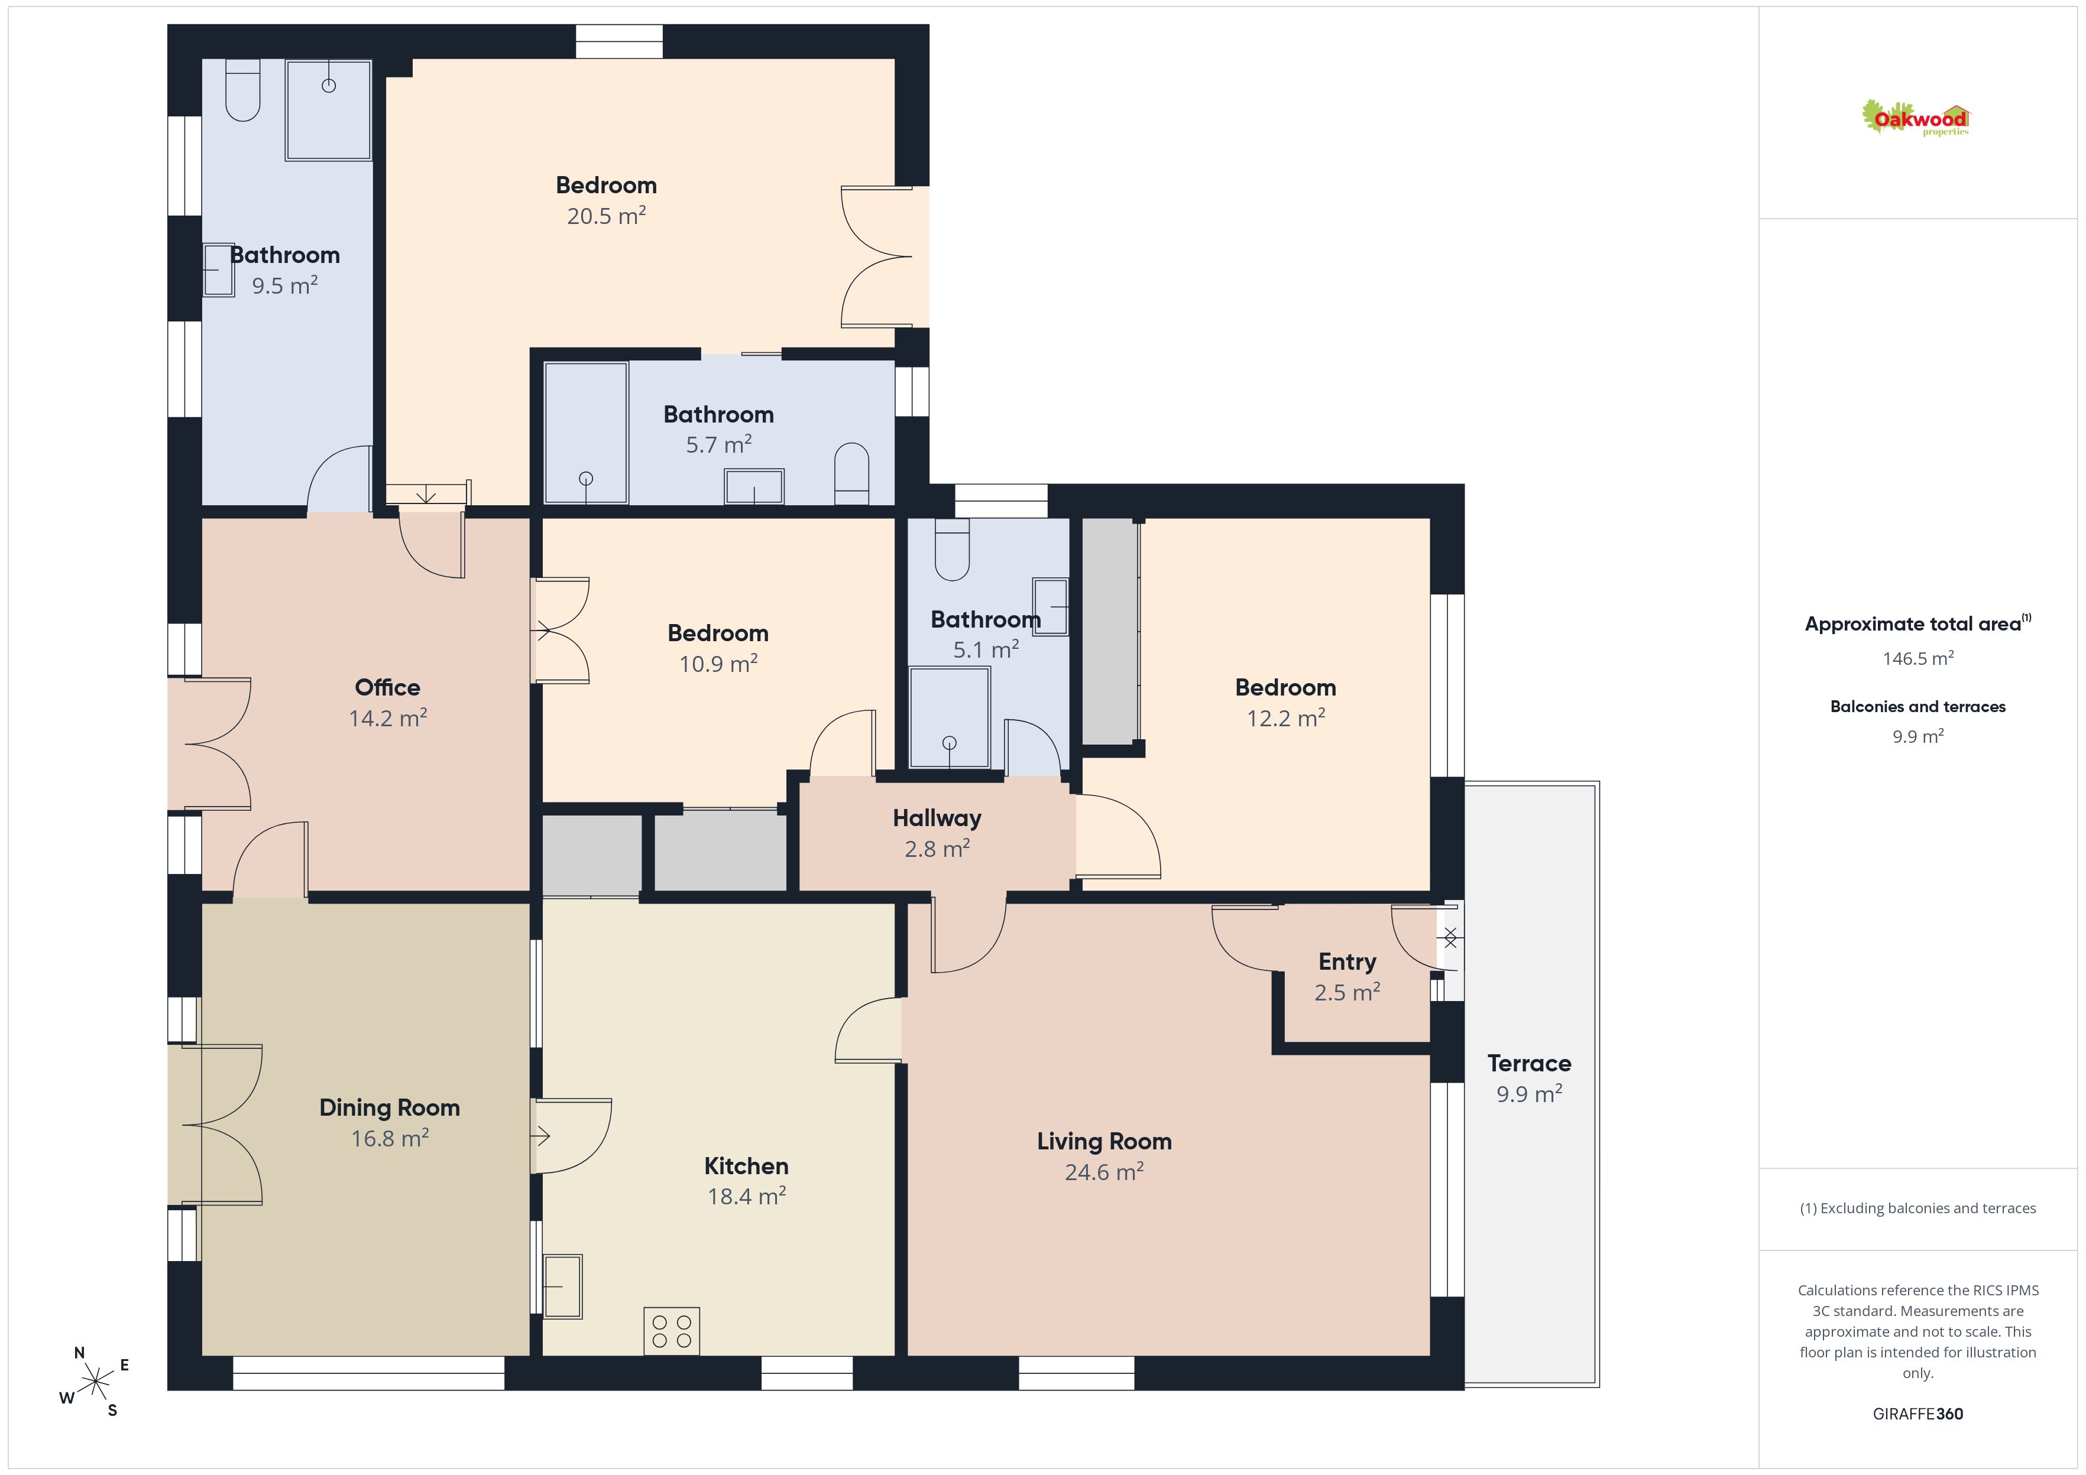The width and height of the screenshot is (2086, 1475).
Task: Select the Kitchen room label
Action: click(x=746, y=1165)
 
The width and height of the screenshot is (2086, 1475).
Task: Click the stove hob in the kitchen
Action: click(x=672, y=1331)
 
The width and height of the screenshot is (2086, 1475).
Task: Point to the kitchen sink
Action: click(x=562, y=1286)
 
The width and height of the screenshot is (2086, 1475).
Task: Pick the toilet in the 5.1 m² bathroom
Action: click(x=952, y=550)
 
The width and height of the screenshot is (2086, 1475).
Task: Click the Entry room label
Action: click(x=1348, y=962)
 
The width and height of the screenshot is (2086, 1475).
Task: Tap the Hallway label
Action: click(x=937, y=818)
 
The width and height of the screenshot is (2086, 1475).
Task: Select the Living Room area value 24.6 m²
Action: click(x=1104, y=1172)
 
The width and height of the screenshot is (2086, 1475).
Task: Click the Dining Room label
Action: click(x=389, y=1108)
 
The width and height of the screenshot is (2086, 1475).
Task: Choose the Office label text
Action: click(x=387, y=687)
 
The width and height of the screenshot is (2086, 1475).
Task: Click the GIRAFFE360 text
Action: click(x=1918, y=1414)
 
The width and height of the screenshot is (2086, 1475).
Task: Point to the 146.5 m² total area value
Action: click(x=1918, y=658)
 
